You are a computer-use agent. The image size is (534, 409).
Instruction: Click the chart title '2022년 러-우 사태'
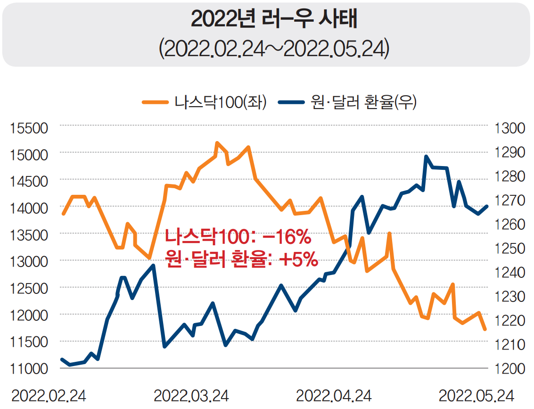pos(267,19)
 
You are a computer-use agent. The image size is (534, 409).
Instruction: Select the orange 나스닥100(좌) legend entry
pos(205,102)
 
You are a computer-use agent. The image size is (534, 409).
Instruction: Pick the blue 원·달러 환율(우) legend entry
pos(347,102)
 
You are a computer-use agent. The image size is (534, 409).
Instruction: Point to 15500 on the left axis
pos(29,128)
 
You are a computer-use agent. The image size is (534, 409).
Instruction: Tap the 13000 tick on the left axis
pos(29,261)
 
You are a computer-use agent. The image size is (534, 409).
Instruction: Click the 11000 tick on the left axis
pos(29,368)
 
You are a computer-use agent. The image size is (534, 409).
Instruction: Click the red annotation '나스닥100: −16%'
pos(238,237)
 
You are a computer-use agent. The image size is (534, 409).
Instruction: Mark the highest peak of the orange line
pos(217,142)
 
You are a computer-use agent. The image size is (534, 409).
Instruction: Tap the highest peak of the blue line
pos(426,156)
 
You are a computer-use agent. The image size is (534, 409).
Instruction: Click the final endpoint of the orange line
pos(485,329)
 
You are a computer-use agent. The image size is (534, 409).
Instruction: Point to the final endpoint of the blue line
pos(487,206)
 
